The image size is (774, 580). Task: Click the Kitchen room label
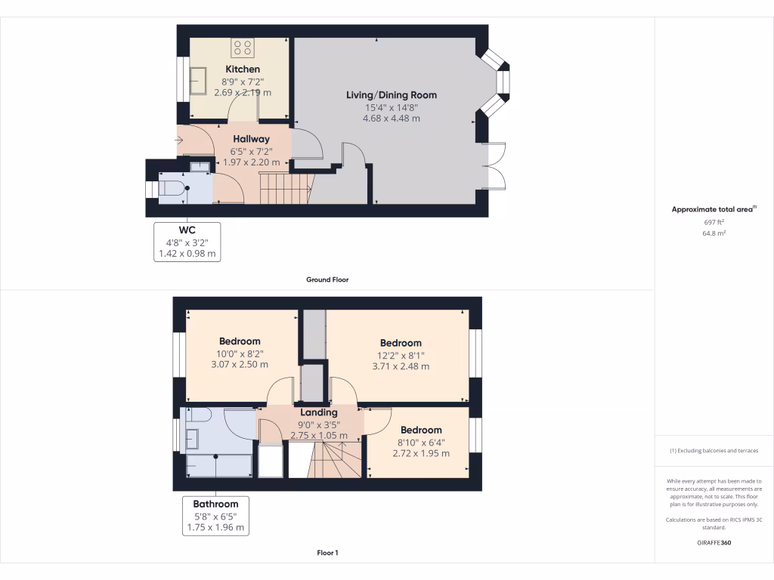pyautogui.click(x=242, y=69)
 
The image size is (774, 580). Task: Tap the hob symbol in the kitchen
pyautogui.click(x=243, y=48)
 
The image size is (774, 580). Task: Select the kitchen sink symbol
pyautogui.click(x=198, y=79)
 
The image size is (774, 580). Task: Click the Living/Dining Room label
pyautogui.click(x=392, y=95)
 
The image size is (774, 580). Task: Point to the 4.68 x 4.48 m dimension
pyautogui.click(x=392, y=119)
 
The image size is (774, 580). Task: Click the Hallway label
pyautogui.click(x=251, y=139)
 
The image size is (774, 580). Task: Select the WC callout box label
pyautogui.click(x=187, y=230)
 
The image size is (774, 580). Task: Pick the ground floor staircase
pyautogui.click(x=286, y=187)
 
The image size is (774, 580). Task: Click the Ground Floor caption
pyautogui.click(x=327, y=279)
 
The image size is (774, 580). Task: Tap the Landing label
pyautogui.click(x=318, y=412)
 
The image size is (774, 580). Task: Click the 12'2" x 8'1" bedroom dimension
pyautogui.click(x=401, y=355)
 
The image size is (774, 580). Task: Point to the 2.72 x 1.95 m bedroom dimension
pyautogui.click(x=421, y=454)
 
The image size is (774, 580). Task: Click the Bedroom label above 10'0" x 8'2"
pyautogui.click(x=240, y=341)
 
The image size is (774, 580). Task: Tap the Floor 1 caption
pyautogui.click(x=327, y=553)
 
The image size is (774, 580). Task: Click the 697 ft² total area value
pyautogui.click(x=714, y=223)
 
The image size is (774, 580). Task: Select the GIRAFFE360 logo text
pyautogui.click(x=714, y=543)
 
